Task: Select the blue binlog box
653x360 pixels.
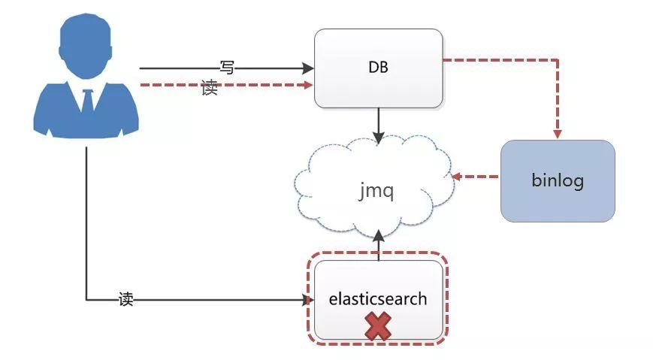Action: pos(558,181)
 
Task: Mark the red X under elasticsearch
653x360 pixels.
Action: pos(378,326)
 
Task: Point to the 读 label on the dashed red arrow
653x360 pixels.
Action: pos(210,87)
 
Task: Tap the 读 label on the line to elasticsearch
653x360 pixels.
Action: pos(126,299)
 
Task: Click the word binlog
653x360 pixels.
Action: pos(558,181)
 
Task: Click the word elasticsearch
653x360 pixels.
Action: pos(378,299)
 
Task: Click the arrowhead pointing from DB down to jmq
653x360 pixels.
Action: pos(379,138)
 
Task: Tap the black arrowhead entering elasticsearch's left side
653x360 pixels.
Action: pos(307,301)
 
